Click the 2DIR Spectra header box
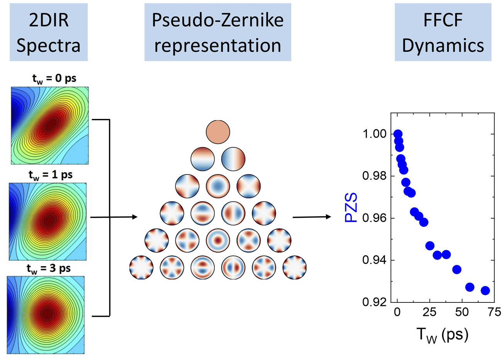click(x=49, y=32)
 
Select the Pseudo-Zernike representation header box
click(x=217, y=32)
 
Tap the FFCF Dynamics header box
click(x=443, y=32)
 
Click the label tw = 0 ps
click(x=54, y=78)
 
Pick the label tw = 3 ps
click(x=49, y=268)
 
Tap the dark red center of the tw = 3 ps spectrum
click(x=47, y=313)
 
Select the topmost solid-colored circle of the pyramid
click(x=218, y=132)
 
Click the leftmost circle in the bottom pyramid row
click(x=141, y=267)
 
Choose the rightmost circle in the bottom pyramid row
click(x=295, y=267)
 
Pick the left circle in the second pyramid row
click(x=202, y=159)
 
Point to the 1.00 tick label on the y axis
click(x=374, y=134)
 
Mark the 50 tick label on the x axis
click(x=462, y=312)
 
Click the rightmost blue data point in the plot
click(x=485, y=290)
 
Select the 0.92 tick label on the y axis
click(x=374, y=302)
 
